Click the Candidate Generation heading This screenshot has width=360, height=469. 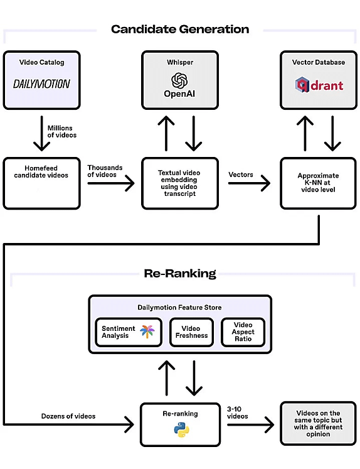(180, 30)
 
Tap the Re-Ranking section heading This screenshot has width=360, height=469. (180, 274)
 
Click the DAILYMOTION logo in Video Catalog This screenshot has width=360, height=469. (41, 84)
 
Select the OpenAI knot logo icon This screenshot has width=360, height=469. (179, 80)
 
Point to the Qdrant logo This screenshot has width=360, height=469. (319, 85)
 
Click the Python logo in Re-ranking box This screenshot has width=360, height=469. (181, 430)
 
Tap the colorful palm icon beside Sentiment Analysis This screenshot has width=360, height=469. (147, 332)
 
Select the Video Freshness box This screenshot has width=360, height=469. (191, 332)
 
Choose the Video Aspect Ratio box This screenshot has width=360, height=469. (243, 332)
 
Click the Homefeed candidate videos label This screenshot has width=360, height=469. (41, 171)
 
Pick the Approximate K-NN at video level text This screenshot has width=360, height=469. (318, 183)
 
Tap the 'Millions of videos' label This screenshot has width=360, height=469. (62, 132)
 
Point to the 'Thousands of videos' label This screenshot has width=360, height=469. (105, 171)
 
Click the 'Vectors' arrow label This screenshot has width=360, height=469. (241, 175)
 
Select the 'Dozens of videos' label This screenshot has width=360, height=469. (68, 416)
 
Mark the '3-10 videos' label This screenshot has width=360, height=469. (238, 412)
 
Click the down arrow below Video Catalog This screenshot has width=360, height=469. (41, 133)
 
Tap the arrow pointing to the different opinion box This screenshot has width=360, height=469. (250, 424)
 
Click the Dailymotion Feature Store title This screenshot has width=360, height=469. (179, 308)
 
